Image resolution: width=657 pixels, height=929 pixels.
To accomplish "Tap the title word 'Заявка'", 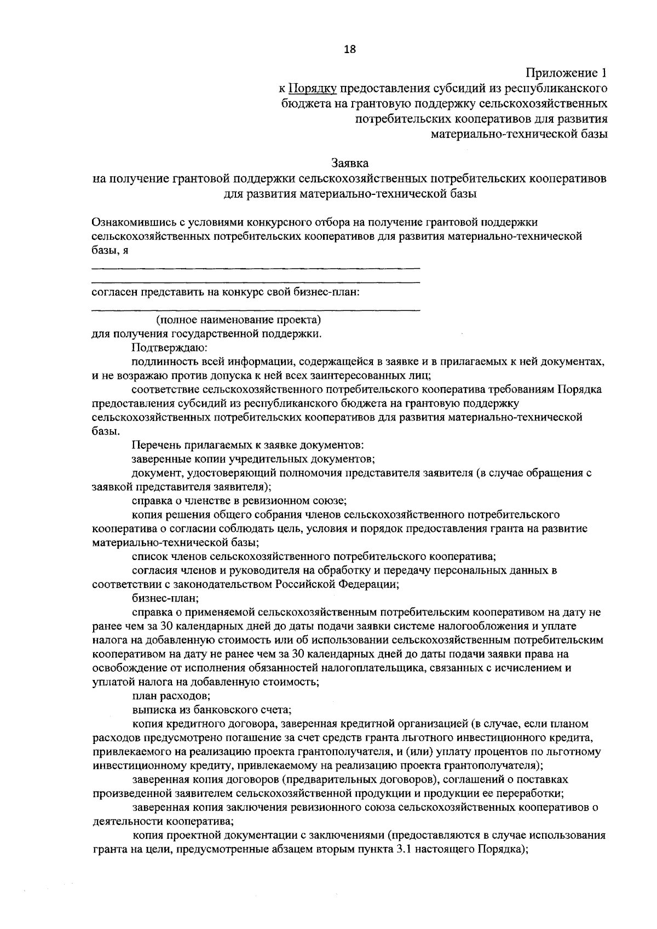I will [x=350, y=163].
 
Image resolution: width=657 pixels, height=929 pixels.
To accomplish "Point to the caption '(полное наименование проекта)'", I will [x=238, y=319].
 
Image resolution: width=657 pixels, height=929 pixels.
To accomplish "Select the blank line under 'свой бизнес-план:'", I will [x=255, y=310].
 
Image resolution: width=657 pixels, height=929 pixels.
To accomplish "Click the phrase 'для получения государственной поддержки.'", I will [x=207, y=333].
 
